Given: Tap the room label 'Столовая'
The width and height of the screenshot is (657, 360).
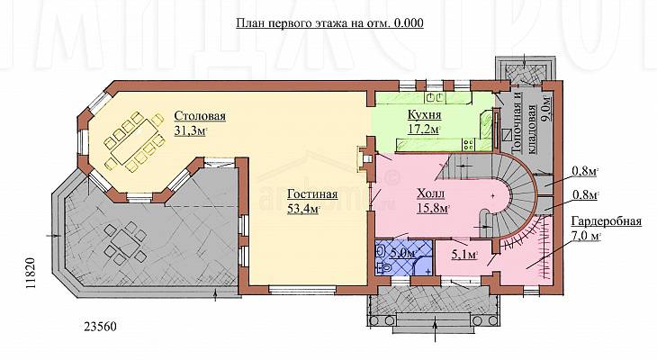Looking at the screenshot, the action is (x=200, y=116).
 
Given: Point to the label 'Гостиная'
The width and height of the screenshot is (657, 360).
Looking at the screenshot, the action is (x=312, y=194).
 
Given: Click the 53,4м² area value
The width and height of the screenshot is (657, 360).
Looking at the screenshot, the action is (x=304, y=209).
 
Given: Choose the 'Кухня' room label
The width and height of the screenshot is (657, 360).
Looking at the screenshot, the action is (x=424, y=114).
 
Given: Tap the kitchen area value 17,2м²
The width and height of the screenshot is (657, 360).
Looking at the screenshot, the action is (x=424, y=129).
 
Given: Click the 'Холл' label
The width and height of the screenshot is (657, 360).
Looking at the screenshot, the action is (x=431, y=193).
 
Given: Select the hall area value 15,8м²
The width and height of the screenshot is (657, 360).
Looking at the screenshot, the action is (x=433, y=208).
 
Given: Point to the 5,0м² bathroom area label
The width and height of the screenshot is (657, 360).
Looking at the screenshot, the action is (x=402, y=253).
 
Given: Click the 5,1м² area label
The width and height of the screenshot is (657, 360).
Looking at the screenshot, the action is (x=465, y=255).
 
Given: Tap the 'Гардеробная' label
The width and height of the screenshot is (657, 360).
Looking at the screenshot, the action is (x=607, y=221).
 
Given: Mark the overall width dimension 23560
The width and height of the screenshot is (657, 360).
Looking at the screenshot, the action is (x=101, y=327).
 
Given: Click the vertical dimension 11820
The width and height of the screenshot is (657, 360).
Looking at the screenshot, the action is (x=31, y=273).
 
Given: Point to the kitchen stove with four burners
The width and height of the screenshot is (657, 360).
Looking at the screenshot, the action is (x=468, y=145).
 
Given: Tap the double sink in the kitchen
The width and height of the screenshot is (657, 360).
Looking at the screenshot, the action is (x=436, y=97).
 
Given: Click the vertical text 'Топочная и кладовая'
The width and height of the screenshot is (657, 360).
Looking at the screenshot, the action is (x=524, y=122).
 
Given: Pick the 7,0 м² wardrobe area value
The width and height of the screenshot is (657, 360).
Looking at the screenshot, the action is (x=586, y=236).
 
